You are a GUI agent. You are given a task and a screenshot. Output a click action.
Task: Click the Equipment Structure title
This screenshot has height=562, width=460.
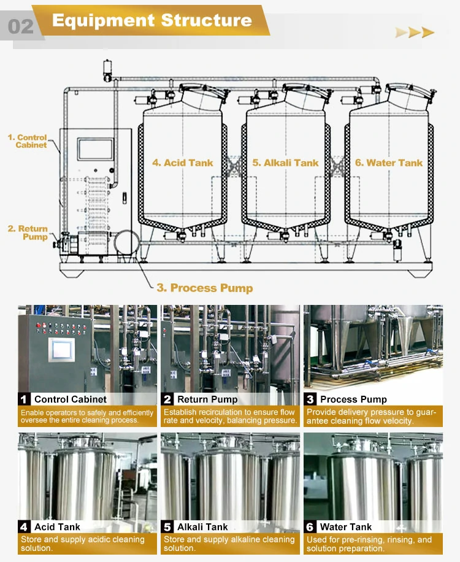point(151,20)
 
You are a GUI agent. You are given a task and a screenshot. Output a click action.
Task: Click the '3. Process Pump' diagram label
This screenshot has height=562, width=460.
point(205,288)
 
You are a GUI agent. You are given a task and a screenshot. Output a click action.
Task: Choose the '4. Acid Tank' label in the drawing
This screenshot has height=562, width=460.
point(183,163)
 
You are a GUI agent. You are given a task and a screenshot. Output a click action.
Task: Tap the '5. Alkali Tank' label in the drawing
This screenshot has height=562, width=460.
point(285,163)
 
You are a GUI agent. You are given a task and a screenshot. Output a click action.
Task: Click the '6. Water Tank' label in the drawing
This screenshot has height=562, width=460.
point(389,163)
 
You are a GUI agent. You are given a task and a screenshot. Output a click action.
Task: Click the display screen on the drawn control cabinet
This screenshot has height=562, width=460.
point(95,150)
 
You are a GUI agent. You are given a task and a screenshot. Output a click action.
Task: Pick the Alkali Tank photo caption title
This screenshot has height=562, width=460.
point(202,527)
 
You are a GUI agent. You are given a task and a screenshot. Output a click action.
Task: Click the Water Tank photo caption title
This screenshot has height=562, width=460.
point(346,527)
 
